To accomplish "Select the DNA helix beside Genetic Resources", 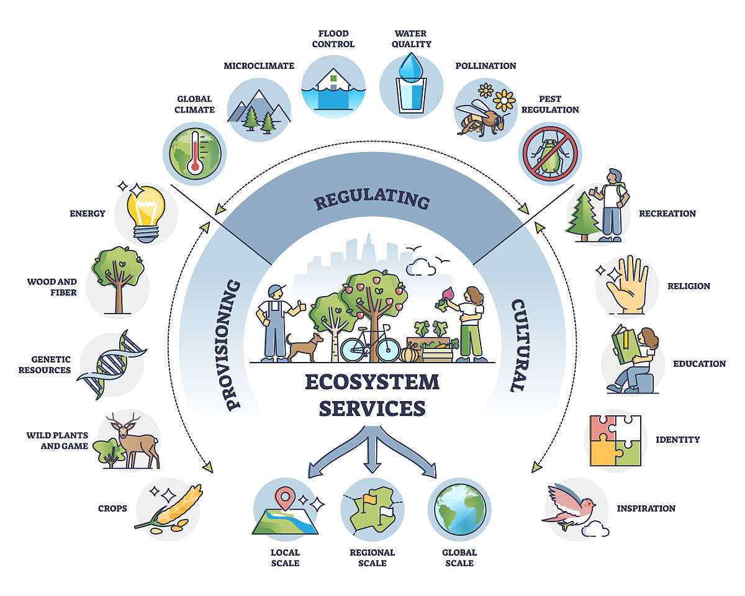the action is tap(112, 364).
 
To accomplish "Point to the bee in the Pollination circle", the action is tap(480, 118).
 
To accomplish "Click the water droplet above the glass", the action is tap(410, 67).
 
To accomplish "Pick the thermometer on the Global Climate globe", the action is tap(195, 151).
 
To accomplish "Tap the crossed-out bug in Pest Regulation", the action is tap(550, 153).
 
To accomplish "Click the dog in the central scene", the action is tap(305, 347).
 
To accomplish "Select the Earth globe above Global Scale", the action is tap(460, 510).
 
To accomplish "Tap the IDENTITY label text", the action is tap(677, 440).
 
